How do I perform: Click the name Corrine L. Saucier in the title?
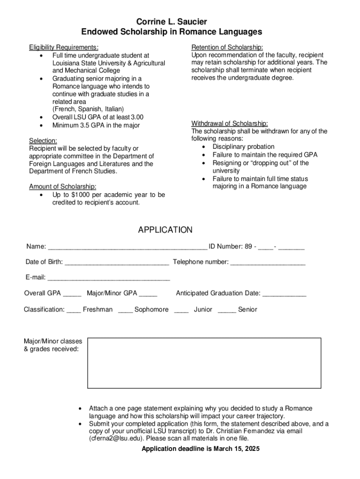172,22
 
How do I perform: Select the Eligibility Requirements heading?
64,47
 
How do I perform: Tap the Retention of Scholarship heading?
227,47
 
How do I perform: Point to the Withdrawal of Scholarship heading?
230,123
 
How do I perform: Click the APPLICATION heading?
165,230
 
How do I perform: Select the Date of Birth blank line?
117,262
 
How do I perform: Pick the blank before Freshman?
73,310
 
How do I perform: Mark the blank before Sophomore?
125,310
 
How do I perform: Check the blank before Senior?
227,310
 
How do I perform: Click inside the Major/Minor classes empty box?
204,363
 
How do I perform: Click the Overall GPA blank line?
72,294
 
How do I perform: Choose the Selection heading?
43,141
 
